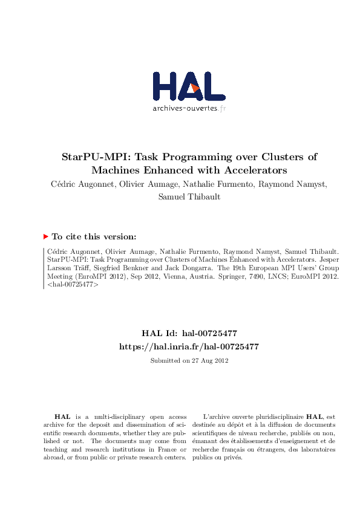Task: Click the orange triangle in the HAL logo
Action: click(195, 88)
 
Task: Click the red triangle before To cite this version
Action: click(46, 237)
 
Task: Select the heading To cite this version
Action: click(94, 237)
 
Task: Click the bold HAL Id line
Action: click(189, 332)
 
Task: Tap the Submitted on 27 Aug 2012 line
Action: click(189, 360)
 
